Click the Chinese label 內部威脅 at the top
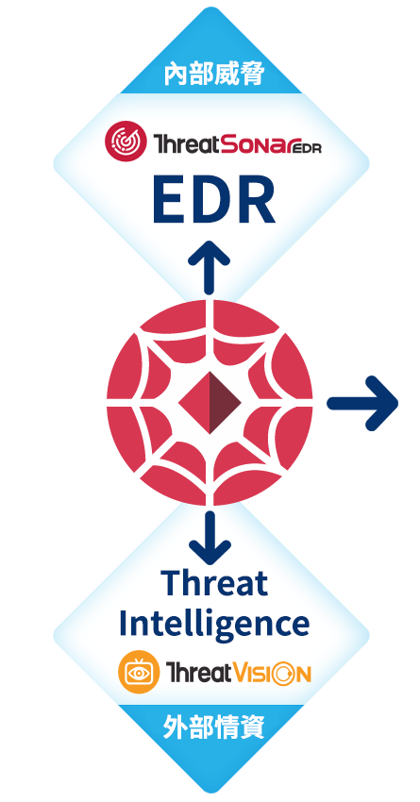(x=214, y=75)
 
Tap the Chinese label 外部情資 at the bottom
(x=214, y=727)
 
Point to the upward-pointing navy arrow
(x=209, y=266)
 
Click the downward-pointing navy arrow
(x=209, y=537)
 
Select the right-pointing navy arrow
(x=362, y=403)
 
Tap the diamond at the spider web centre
(x=210, y=403)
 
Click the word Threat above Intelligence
(x=214, y=583)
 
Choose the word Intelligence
(x=214, y=625)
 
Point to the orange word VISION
(x=272, y=672)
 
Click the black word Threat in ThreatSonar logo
(x=186, y=144)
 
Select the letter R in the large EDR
(x=258, y=202)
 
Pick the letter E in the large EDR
(x=167, y=202)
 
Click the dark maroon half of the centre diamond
(x=225, y=403)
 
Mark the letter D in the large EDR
(x=211, y=202)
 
